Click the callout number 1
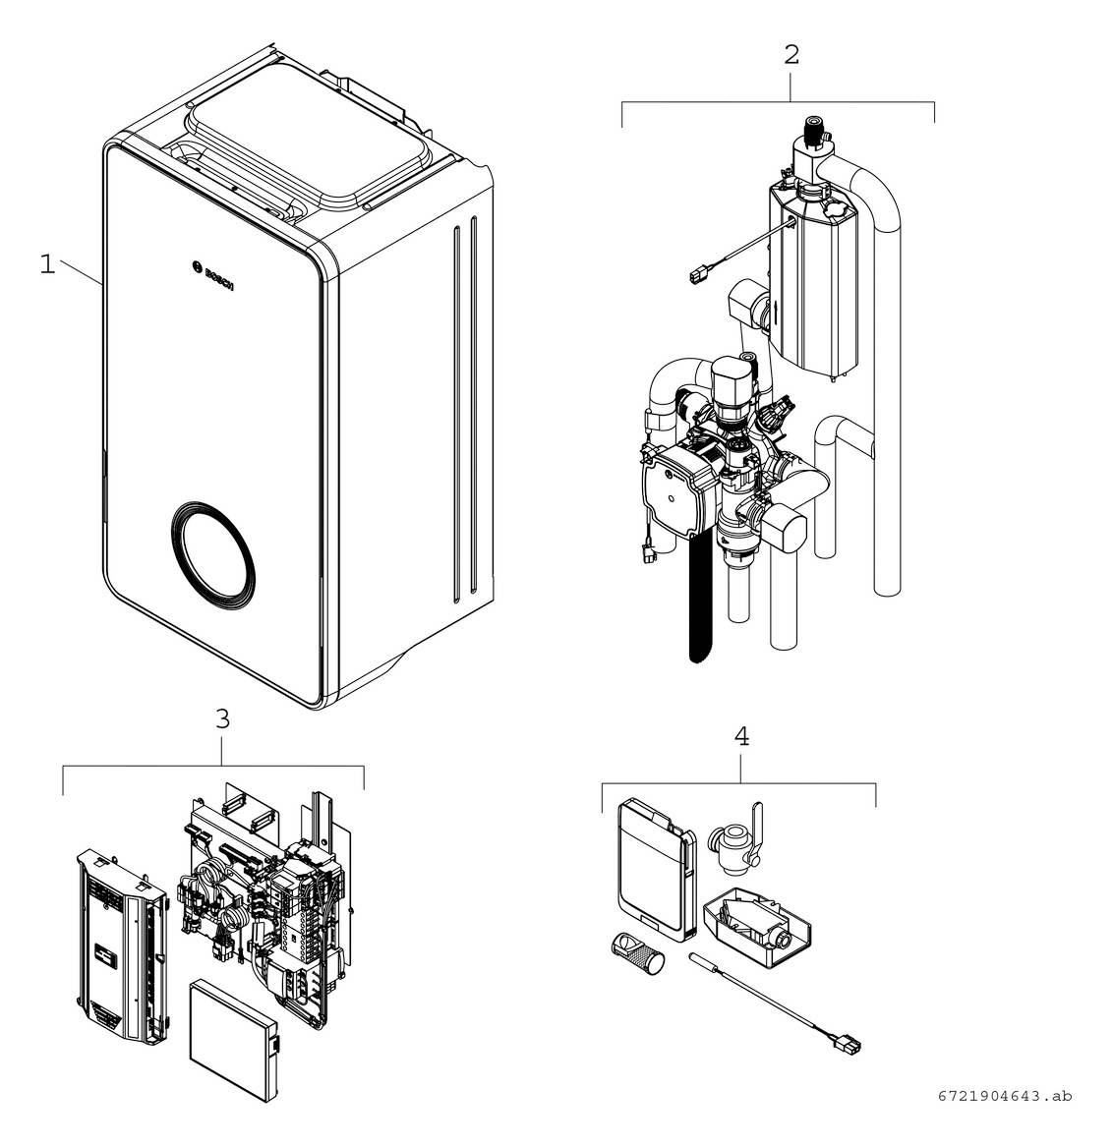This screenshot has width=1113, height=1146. point(47,264)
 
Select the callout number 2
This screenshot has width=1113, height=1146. point(791,55)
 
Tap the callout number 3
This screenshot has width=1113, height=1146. point(223,719)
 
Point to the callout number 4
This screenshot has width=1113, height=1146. point(741,736)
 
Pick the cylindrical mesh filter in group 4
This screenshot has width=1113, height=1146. point(636,950)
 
